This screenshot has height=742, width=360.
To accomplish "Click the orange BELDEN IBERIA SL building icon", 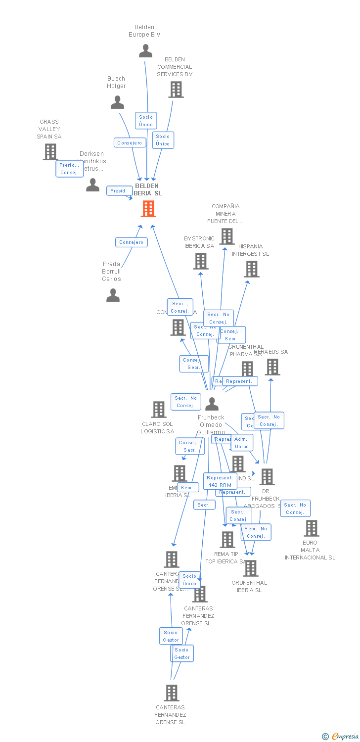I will point(148,209).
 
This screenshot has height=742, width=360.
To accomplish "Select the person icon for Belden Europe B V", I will point(145,51).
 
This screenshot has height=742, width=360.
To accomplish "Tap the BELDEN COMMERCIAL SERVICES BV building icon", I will point(176,90).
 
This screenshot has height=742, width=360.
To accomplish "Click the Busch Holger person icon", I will point(117,102).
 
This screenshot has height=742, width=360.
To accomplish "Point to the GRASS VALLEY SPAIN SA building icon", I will point(50,152).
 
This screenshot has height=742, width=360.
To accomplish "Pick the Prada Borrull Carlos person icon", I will point(113,295).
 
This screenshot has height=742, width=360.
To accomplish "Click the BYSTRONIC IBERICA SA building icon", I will point(201,261).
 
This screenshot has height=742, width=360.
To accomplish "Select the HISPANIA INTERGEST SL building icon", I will point(252,269).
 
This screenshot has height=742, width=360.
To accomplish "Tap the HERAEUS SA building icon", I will point(272,367).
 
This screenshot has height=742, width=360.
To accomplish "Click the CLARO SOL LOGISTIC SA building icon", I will point(159,410).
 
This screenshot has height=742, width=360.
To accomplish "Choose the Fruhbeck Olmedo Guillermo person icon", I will point(212,404).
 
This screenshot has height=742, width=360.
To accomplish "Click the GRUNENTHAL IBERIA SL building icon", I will point(251,568).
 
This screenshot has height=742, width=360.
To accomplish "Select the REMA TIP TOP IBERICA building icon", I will point(227,540).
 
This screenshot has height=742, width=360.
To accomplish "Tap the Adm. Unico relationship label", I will point(242,443).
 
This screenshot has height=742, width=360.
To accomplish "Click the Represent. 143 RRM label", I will point(220,481).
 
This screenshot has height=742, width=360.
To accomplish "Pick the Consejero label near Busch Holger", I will point(130,143).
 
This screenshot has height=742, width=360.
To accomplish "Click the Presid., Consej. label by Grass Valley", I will point(69,169).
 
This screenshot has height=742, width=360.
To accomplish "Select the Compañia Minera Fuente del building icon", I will point(227,236).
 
